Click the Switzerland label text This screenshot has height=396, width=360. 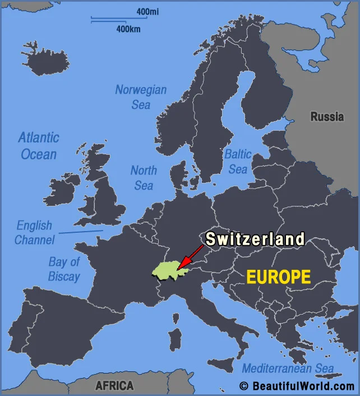255,239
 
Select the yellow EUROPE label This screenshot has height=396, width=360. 279,277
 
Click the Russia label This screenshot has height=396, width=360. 327,117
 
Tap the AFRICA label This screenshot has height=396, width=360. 114,385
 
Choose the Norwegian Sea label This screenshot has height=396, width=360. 141,97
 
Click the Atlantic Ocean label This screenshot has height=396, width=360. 39,146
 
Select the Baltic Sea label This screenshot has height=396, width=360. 238,161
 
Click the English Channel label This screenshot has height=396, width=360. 34,233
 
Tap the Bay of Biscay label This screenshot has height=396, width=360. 64,269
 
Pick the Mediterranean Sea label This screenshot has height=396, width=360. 288,369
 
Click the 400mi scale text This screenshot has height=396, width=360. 147,11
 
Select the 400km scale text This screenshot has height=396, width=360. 128,29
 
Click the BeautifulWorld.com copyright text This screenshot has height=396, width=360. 297,386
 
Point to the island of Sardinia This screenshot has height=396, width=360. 176,340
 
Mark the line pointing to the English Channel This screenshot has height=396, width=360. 81,231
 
